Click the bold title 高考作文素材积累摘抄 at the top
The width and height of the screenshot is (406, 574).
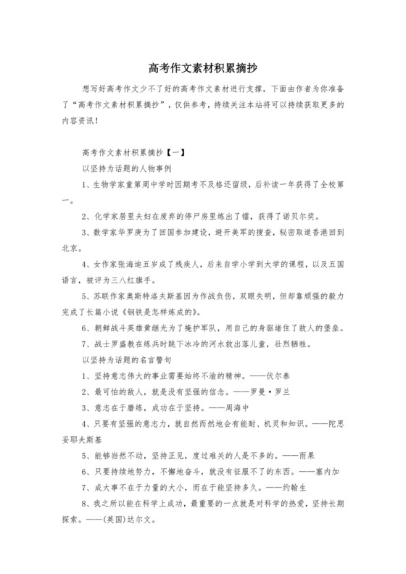pos(202,68)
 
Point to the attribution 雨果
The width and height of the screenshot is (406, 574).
pos(306,455)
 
